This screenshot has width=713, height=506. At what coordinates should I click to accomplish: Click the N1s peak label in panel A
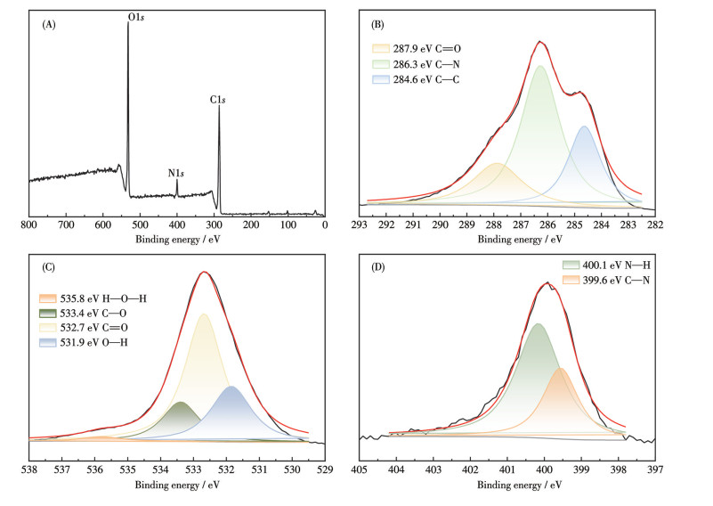(x=177, y=172)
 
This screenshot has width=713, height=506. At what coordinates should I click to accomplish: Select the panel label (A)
(x=50, y=26)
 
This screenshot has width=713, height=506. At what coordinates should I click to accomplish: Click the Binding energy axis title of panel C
(x=176, y=486)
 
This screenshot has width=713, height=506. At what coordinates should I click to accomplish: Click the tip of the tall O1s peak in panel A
(x=127, y=23)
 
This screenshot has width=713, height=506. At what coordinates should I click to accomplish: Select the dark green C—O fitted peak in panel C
(x=182, y=419)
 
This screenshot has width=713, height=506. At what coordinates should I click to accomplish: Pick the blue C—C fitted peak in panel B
(x=585, y=160)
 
